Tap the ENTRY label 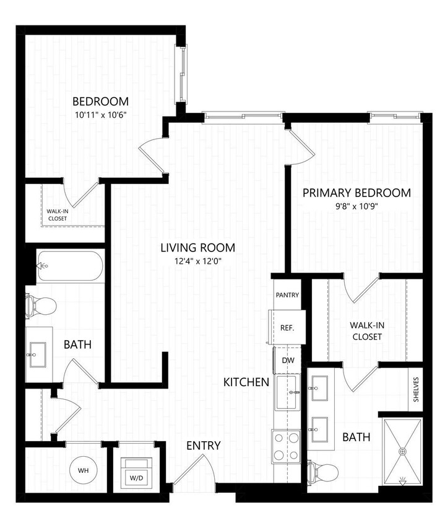203,446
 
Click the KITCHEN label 246,382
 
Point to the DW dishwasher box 288,360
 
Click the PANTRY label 288,295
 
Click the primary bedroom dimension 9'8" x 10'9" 356,208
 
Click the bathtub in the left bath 69,266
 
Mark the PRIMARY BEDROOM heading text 356,193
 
